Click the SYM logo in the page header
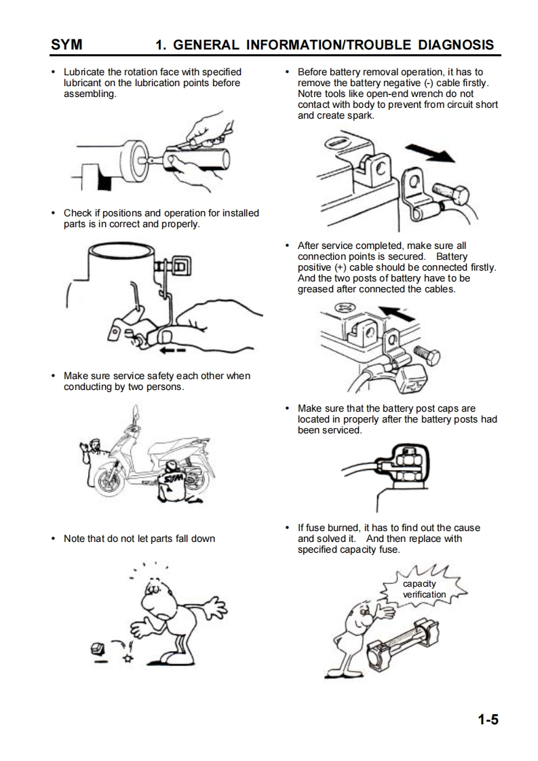(66, 45)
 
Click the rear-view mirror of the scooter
(136, 411)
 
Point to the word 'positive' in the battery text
(315, 267)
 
